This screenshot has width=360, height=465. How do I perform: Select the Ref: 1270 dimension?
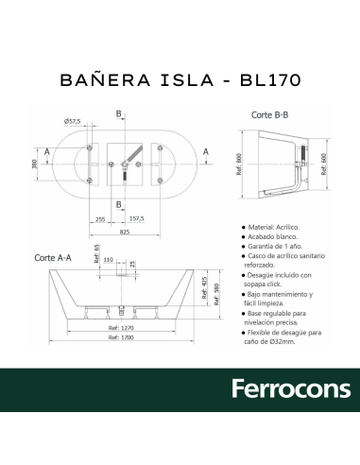pyautogui.click(x=124, y=327)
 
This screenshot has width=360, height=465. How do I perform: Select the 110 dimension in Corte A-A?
pyautogui.click(x=109, y=258)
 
